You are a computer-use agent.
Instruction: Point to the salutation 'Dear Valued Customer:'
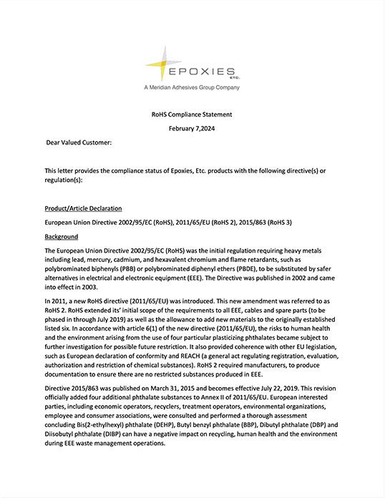click(79, 143)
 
